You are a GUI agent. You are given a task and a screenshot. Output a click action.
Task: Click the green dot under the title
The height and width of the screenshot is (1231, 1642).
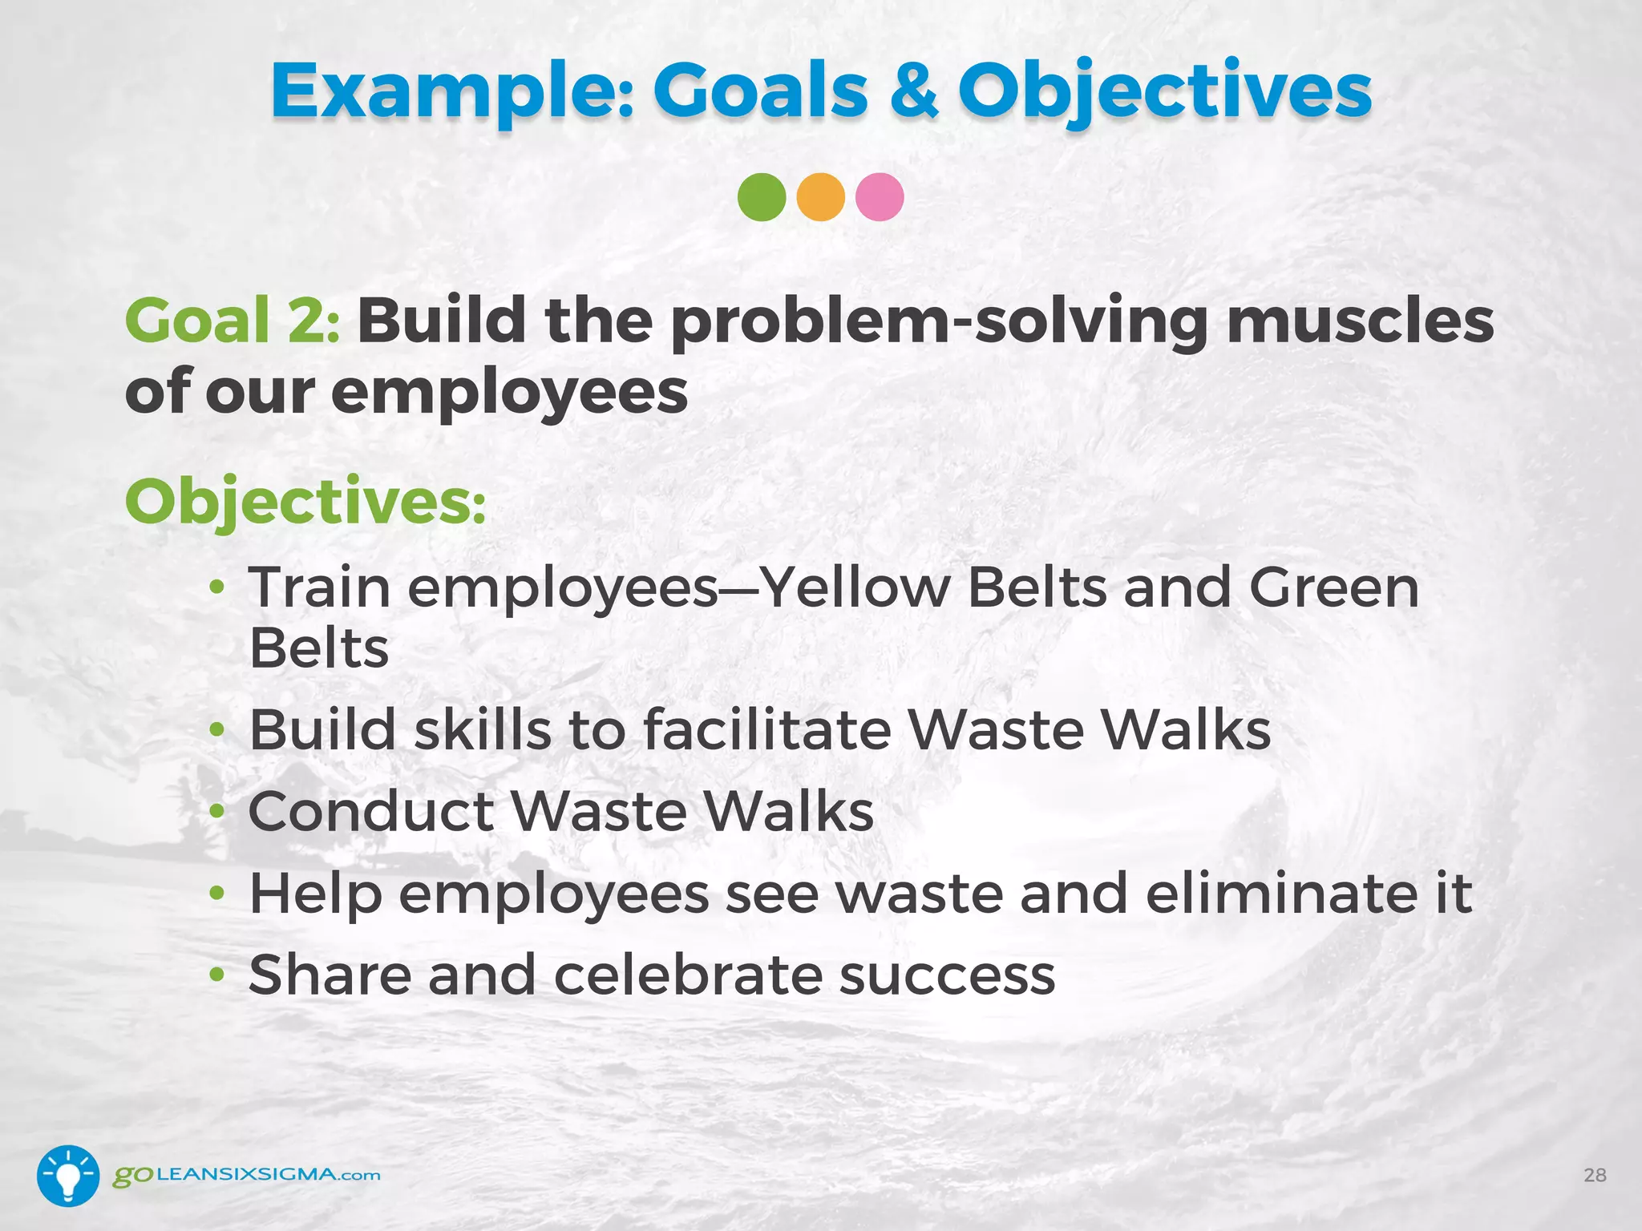762,197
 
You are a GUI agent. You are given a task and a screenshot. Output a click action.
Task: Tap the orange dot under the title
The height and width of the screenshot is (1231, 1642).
821,197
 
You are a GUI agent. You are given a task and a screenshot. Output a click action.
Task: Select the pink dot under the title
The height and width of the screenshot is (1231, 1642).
880,197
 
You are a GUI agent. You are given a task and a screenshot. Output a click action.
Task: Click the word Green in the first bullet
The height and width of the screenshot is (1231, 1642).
1334,587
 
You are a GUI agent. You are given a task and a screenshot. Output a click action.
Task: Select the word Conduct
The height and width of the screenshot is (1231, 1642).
370,811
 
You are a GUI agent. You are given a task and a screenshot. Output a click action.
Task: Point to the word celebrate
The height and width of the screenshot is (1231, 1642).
688,975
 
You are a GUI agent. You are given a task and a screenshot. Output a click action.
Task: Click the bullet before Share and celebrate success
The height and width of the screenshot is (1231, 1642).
216,975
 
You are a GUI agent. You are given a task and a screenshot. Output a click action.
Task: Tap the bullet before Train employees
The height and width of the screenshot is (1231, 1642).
216,588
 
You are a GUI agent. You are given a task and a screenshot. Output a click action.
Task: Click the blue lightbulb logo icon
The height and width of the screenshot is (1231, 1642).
68,1176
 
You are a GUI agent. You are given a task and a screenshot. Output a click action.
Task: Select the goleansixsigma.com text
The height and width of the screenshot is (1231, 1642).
246,1176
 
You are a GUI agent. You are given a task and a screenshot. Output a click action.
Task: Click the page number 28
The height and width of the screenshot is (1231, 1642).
1595,1176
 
